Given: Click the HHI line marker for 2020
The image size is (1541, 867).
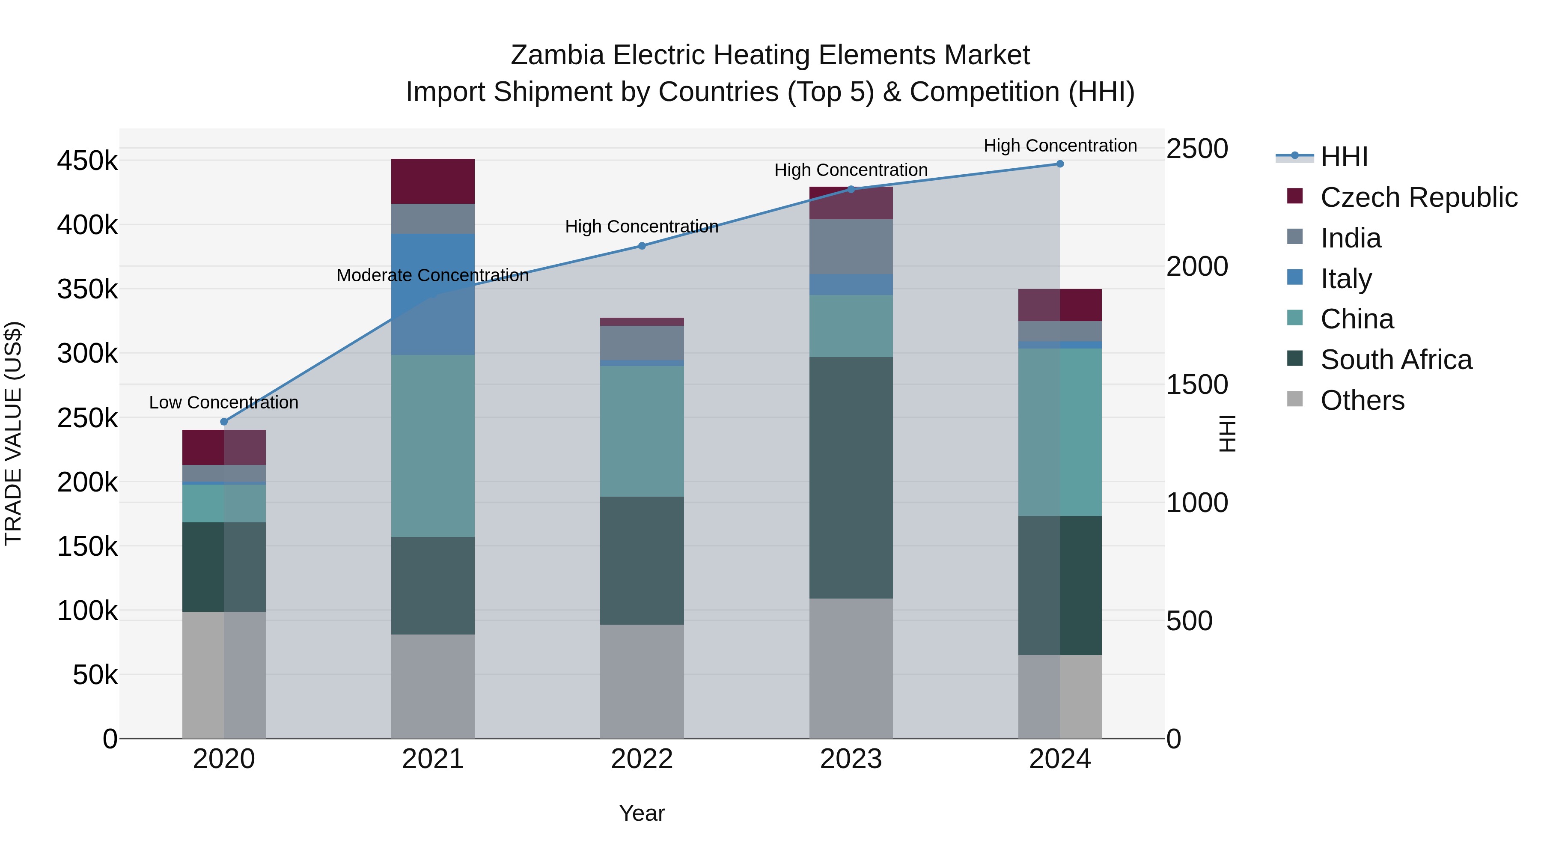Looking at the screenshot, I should (x=224, y=422).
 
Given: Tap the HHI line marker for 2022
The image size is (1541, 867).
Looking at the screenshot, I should (x=642, y=246).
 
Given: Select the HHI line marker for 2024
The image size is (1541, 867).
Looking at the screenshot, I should (x=1060, y=164).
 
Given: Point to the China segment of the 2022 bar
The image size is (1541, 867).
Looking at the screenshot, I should (x=642, y=431).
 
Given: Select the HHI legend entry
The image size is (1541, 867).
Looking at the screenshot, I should (x=1344, y=157).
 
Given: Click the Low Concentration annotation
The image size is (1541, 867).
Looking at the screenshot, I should (x=224, y=403).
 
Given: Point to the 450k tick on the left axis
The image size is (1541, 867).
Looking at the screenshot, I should (x=87, y=161).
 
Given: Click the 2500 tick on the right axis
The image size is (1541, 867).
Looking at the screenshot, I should (x=1196, y=149).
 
